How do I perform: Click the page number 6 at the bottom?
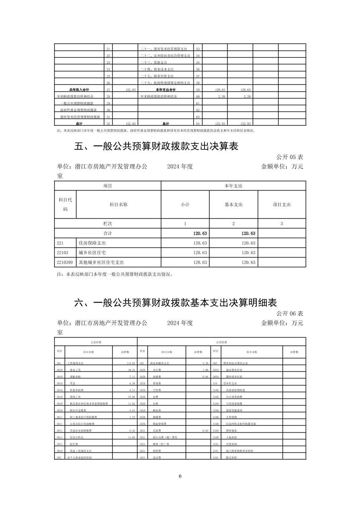[180, 476]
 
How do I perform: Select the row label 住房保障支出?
[92, 243]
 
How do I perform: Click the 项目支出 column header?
[282, 205]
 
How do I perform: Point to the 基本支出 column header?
[233, 205]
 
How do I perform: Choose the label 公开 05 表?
[290, 157]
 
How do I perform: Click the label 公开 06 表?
[290, 313]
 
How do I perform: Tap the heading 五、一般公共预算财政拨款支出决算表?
[156, 146]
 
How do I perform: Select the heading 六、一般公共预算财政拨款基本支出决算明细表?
[175, 303]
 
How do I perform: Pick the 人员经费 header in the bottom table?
[96, 342]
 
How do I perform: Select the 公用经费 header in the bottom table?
[222, 342]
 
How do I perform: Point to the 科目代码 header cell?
[65, 205]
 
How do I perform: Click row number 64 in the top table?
[198, 124]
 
